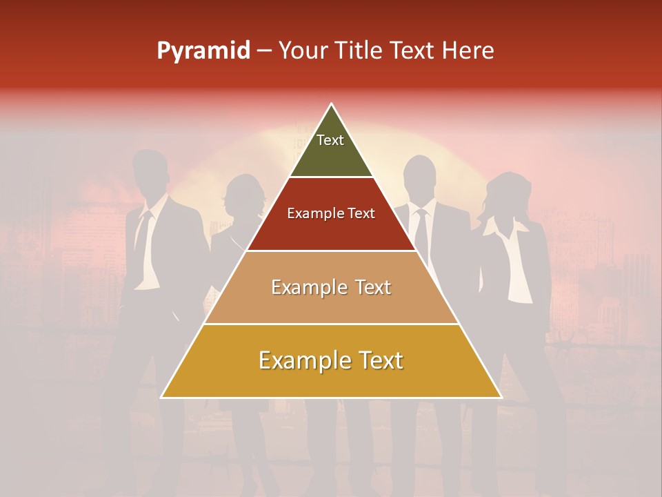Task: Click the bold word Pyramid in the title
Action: (203, 51)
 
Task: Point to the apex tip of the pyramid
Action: (332, 105)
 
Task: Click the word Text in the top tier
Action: (330, 140)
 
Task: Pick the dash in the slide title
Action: (263, 51)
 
